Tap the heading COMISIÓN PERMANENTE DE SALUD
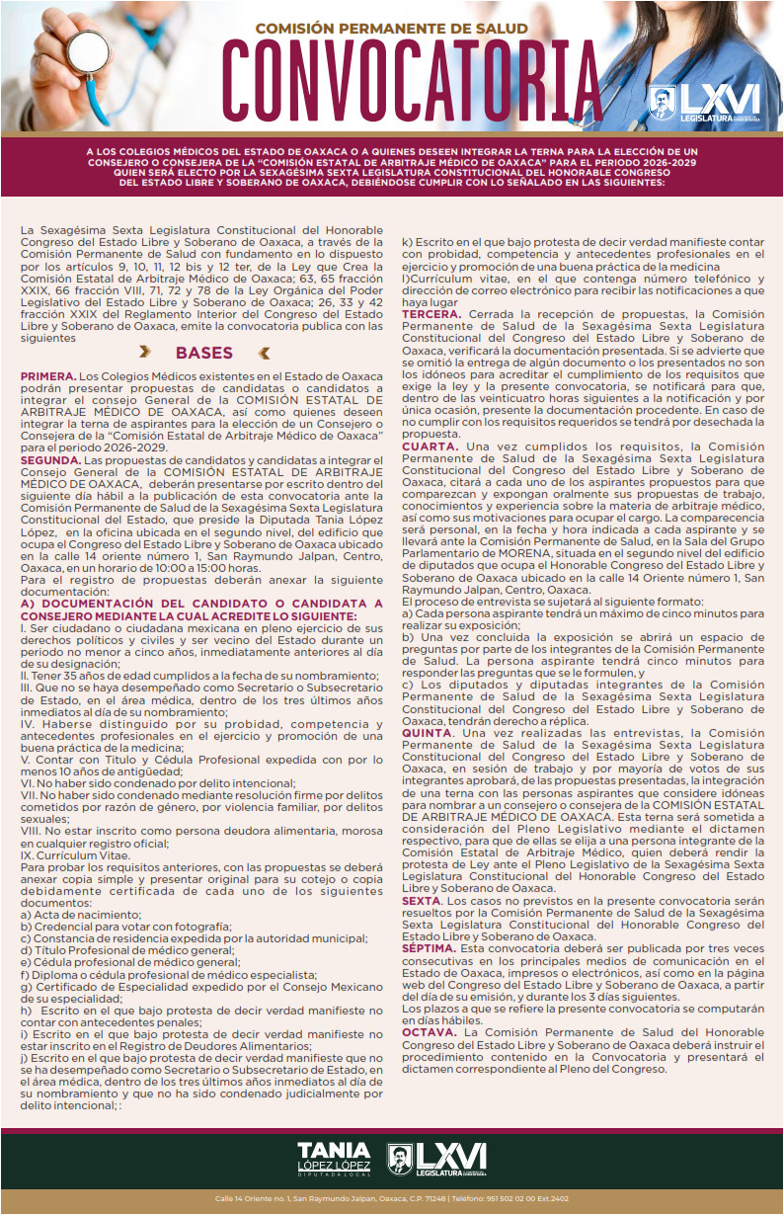click(x=392, y=29)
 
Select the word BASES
click(x=204, y=354)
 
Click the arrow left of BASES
click(x=145, y=353)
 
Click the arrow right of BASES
click(x=264, y=353)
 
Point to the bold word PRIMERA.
click(x=47, y=377)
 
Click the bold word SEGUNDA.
click(x=50, y=460)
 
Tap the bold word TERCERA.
click(x=431, y=313)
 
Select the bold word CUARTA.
click(x=429, y=446)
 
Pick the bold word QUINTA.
click(x=427, y=733)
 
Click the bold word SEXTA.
click(x=422, y=901)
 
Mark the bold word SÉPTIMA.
click(x=430, y=947)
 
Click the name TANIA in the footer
click(x=334, y=1150)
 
